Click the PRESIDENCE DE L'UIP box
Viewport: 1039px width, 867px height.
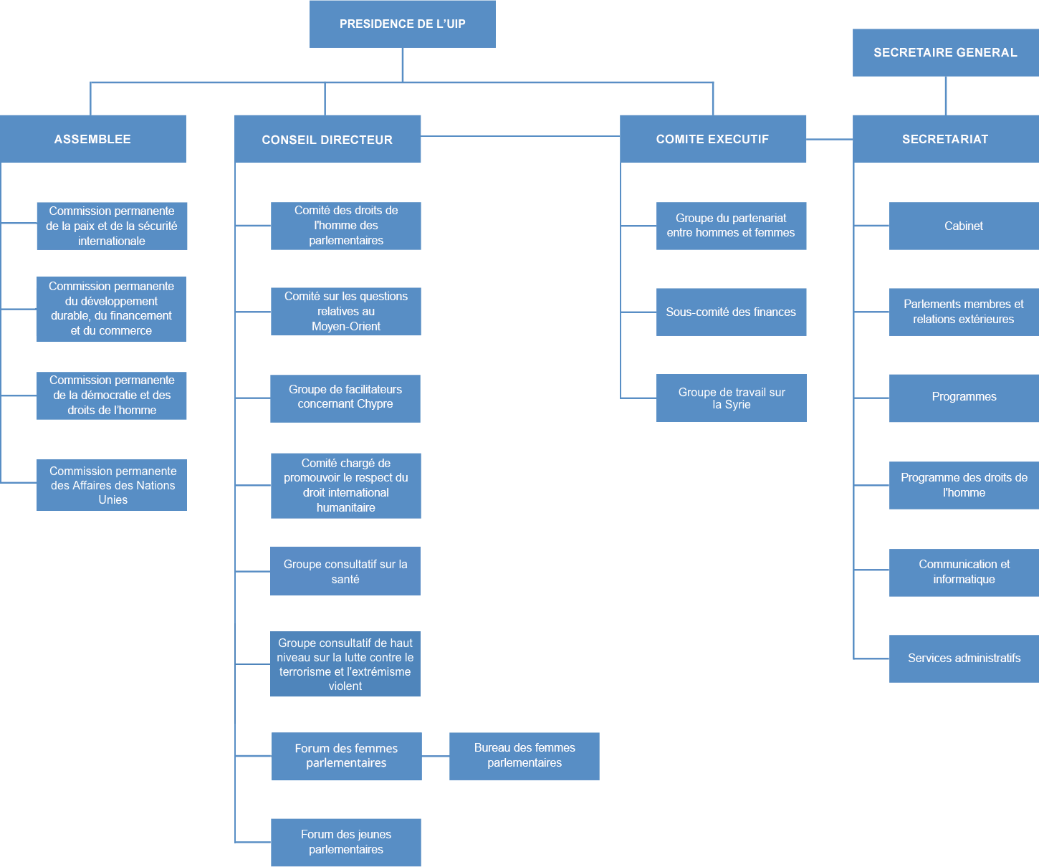coord(402,24)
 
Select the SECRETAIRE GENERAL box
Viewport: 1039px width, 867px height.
coord(945,52)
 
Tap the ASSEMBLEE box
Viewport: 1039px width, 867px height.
coord(93,139)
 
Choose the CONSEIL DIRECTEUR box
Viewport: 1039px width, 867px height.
coord(327,139)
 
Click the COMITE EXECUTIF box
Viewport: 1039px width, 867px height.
coord(712,139)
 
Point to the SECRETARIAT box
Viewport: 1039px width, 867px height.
coord(945,139)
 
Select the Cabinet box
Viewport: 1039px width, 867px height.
coord(964,226)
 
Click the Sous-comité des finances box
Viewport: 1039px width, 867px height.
coord(731,312)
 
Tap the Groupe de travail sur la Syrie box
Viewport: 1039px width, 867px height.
coord(731,398)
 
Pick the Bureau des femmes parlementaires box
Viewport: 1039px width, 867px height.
coord(525,756)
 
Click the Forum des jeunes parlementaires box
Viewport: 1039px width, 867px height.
coord(346,843)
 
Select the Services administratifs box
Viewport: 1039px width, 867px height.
coord(964,658)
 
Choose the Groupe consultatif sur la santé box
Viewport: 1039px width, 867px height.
coord(345,571)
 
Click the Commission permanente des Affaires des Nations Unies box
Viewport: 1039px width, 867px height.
coord(112,485)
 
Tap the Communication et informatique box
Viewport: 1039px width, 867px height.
coord(964,573)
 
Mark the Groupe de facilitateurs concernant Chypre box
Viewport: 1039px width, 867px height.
coord(345,398)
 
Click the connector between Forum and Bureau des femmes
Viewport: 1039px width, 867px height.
coord(436,756)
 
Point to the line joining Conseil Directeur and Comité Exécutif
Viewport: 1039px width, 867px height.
coord(520,136)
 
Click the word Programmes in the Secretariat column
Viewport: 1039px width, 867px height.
coord(964,397)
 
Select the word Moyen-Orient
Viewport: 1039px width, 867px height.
coord(346,327)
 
